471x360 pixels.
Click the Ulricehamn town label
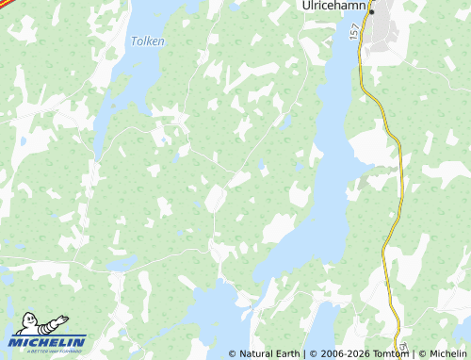(x=333, y=6)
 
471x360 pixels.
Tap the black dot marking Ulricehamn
(x=372, y=11)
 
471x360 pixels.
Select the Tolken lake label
(x=147, y=41)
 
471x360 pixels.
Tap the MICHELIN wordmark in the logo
(x=49, y=341)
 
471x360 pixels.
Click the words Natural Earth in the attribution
(x=270, y=354)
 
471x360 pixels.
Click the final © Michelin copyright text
(x=441, y=354)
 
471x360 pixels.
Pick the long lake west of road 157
(x=325, y=170)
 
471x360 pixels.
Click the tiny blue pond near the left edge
(x=21, y=143)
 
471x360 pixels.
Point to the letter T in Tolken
(x=134, y=41)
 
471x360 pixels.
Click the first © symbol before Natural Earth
(x=233, y=354)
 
